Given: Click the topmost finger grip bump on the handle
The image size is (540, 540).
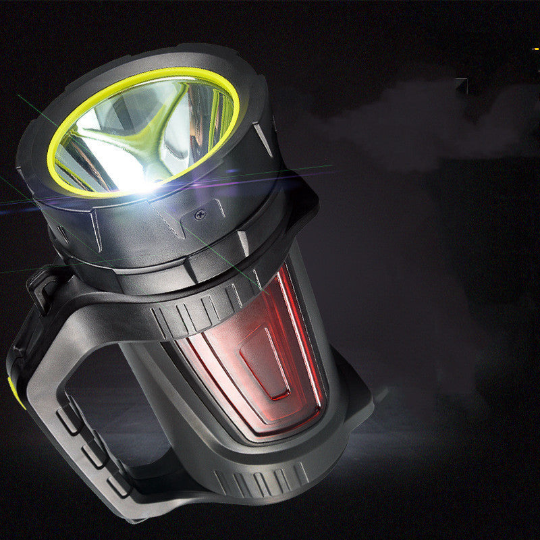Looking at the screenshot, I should pyautogui.click(x=70, y=421).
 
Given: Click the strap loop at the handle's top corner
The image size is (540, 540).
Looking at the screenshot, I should pyautogui.click(x=42, y=283).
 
